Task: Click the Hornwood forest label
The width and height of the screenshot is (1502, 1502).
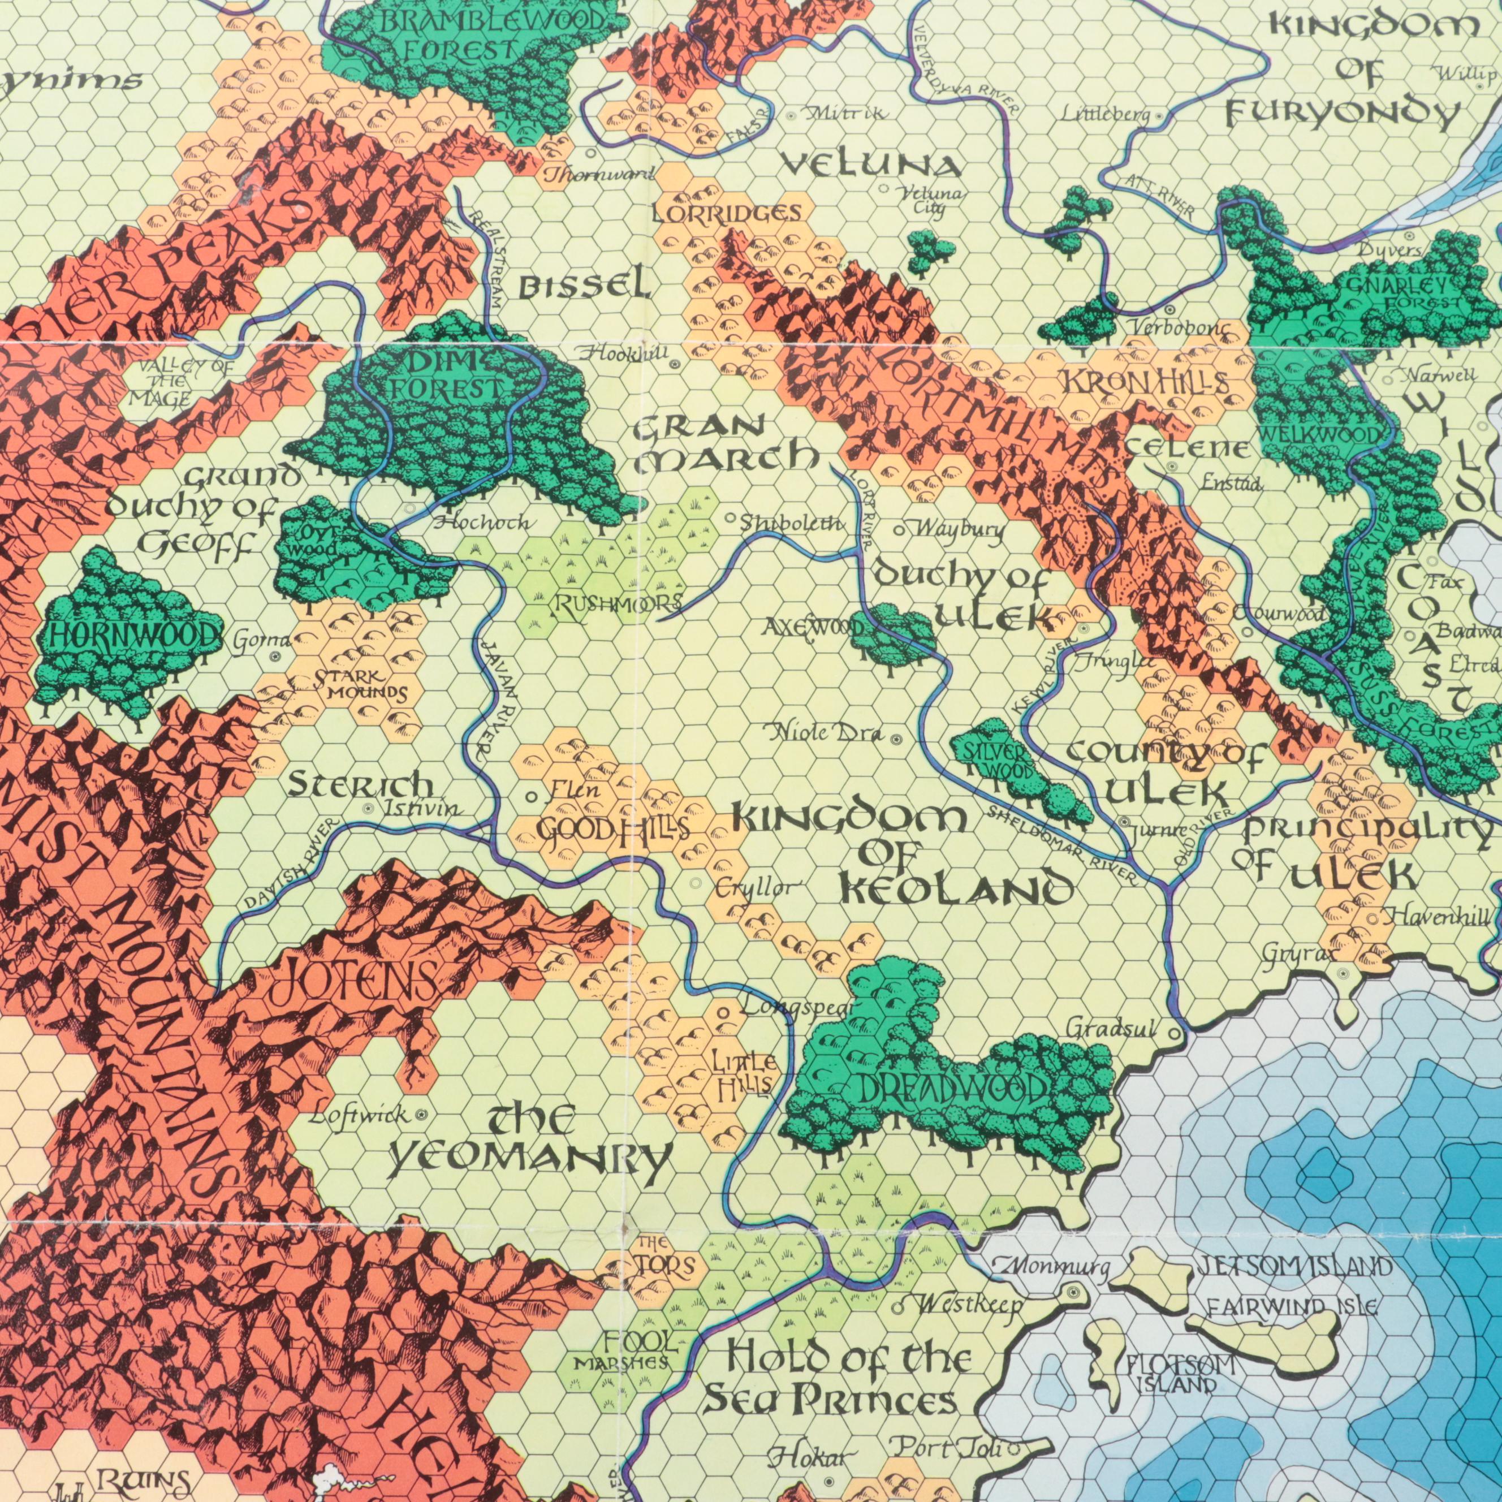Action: click(x=131, y=637)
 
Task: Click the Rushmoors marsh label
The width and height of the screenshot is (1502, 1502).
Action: click(x=618, y=603)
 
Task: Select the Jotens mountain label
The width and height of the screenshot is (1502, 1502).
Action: click(x=352, y=981)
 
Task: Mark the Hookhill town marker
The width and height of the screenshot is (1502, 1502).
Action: click(x=674, y=363)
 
